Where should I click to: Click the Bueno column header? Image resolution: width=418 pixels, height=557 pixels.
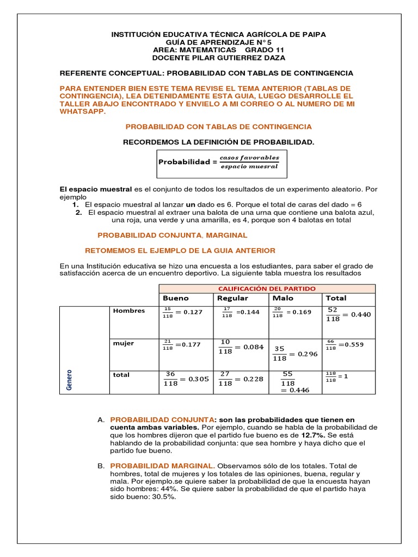coord(175,298)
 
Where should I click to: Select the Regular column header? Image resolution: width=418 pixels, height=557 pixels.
coord(232,298)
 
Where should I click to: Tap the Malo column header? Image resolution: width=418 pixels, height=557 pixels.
coord(283,298)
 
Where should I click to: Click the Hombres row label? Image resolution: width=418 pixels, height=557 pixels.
coord(128,311)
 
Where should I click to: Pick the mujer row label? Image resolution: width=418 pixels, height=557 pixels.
coord(123,344)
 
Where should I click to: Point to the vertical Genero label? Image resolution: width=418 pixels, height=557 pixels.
coord(69,380)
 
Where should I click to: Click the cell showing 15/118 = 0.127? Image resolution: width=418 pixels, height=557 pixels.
coord(182,312)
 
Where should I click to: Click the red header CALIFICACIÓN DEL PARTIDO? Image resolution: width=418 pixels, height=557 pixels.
coord(267,288)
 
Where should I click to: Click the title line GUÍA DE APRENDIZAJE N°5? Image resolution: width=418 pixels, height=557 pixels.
coord(218,42)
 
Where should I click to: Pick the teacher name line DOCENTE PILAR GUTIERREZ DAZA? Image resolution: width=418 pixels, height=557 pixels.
coord(218,58)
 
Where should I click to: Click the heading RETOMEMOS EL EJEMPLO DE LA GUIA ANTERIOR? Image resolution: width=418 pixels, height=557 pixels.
coord(181,250)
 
